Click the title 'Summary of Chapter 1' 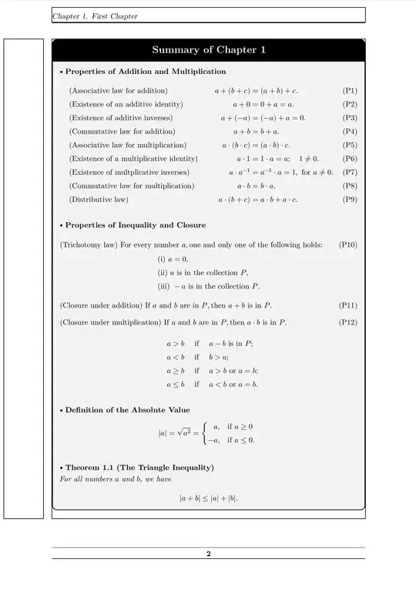pyautogui.click(x=208, y=50)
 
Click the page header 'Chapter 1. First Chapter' pyautogui.click(x=95, y=16)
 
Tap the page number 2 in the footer pyautogui.click(x=208, y=554)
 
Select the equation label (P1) pyautogui.click(x=349, y=90)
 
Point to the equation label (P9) pyautogui.click(x=349, y=200)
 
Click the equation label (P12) pyautogui.click(x=347, y=321)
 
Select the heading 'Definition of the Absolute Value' pyautogui.click(x=127, y=409)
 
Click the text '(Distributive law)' pyautogui.click(x=99, y=200)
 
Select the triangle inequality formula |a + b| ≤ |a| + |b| pyautogui.click(x=208, y=499)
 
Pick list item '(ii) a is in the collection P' pyautogui.click(x=203, y=272)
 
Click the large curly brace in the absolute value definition pyautogui.click(x=203, y=433)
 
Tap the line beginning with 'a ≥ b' pyautogui.click(x=212, y=370)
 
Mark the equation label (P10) pyautogui.click(x=347, y=244)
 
